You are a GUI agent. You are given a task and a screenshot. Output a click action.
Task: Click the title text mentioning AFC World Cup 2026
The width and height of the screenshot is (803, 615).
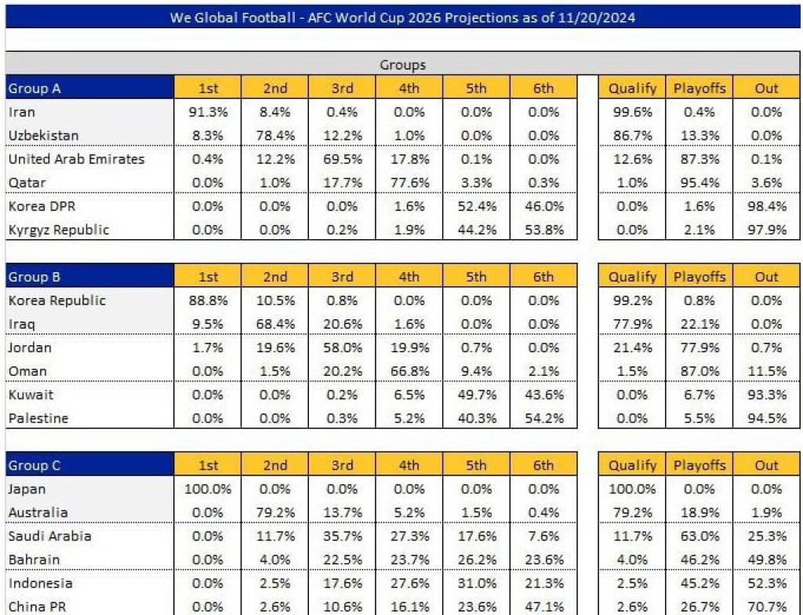click(x=402, y=16)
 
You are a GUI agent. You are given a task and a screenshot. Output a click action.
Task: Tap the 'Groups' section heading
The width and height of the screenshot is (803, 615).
click(x=402, y=64)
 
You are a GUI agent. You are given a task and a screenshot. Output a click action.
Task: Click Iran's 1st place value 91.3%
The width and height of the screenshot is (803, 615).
click(x=208, y=112)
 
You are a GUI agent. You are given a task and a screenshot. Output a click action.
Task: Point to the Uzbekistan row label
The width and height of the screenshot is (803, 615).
click(x=43, y=136)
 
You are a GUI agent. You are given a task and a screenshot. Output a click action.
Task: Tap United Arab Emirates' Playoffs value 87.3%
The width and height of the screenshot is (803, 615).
click(x=699, y=159)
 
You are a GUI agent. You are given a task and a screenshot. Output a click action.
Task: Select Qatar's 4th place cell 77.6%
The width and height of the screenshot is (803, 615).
click(x=409, y=183)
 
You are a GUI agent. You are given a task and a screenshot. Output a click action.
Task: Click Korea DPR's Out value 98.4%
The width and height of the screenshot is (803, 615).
click(x=766, y=206)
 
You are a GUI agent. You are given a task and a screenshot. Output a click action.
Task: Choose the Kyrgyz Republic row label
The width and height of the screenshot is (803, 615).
click(x=59, y=230)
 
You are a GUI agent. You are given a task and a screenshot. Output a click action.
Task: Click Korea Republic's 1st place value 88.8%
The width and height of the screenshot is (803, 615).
click(x=208, y=300)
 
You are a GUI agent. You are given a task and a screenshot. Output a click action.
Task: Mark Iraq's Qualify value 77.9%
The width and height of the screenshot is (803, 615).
click(x=632, y=324)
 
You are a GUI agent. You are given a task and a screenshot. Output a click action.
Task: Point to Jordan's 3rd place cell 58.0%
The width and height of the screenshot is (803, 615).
click(x=342, y=348)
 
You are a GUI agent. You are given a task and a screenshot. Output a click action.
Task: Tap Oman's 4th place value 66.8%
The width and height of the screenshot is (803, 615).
click(x=409, y=371)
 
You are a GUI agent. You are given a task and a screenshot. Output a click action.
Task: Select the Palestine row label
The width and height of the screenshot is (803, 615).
click(x=38, y=418)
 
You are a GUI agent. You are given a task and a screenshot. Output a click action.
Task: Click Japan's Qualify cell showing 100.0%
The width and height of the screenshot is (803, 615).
click(x=632, y=489)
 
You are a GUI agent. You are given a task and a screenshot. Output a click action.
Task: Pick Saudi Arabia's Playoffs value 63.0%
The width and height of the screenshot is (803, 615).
click(x=699, y=536)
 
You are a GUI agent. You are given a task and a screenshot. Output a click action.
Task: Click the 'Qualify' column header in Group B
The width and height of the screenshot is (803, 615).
click(x=632, y=277)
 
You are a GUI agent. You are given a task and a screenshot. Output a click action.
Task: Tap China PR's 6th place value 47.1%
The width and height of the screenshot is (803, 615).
click(x=543, y=606)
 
